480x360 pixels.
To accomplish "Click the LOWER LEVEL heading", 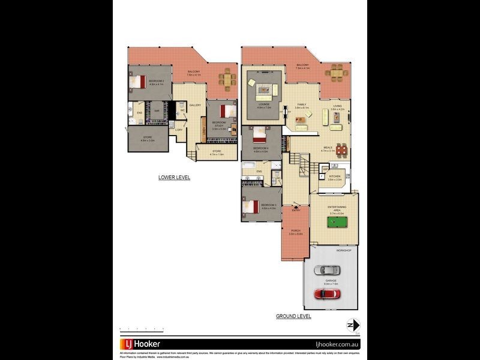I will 174,178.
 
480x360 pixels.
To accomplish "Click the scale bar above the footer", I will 142,329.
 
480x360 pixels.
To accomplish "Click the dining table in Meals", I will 342,150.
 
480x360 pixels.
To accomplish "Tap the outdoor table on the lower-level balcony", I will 227,79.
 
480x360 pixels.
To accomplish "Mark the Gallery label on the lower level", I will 195,106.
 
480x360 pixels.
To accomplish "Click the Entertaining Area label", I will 335,208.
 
